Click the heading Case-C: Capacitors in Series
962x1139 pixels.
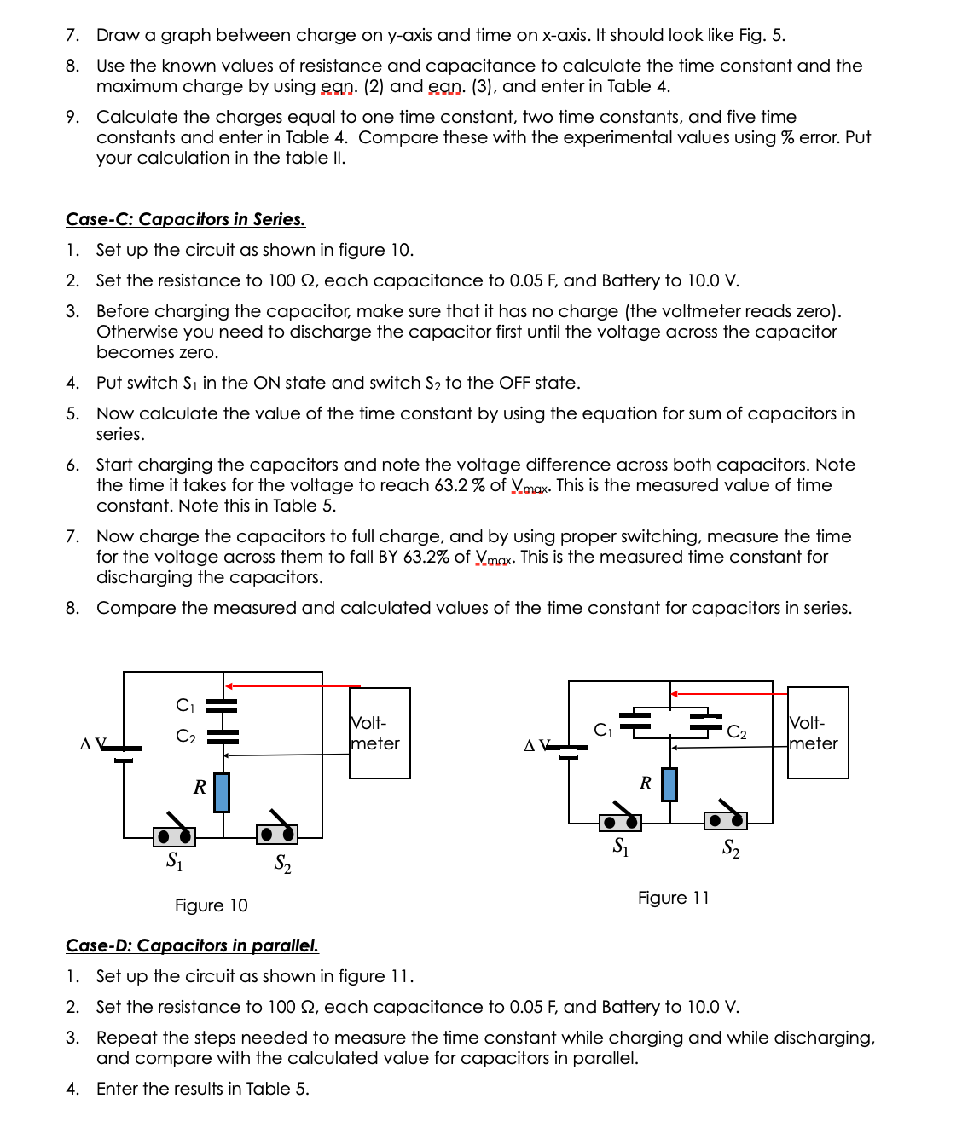coord(185,219)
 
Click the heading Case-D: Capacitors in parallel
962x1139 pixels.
coord(192,945)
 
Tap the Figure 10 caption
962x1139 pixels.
coord(211,905)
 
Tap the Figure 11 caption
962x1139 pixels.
coord(673,898)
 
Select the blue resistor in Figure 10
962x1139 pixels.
coord(222,792)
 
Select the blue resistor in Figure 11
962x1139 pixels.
coord(669,784)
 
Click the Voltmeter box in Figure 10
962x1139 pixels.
coord(380,733)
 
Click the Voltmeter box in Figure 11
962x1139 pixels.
coord(818,733)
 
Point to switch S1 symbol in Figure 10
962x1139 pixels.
coord(174,835)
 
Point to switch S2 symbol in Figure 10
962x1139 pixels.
coord(277,831)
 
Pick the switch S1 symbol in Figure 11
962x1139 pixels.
coord(620,820)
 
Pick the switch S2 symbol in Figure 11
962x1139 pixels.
coord(726,818)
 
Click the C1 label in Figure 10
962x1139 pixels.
coord(185,705)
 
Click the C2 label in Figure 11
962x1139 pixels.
coord(737,732)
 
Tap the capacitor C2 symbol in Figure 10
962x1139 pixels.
coord(223,736)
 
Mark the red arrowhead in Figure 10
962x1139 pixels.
coord(229,685)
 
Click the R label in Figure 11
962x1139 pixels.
coord(646,783)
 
